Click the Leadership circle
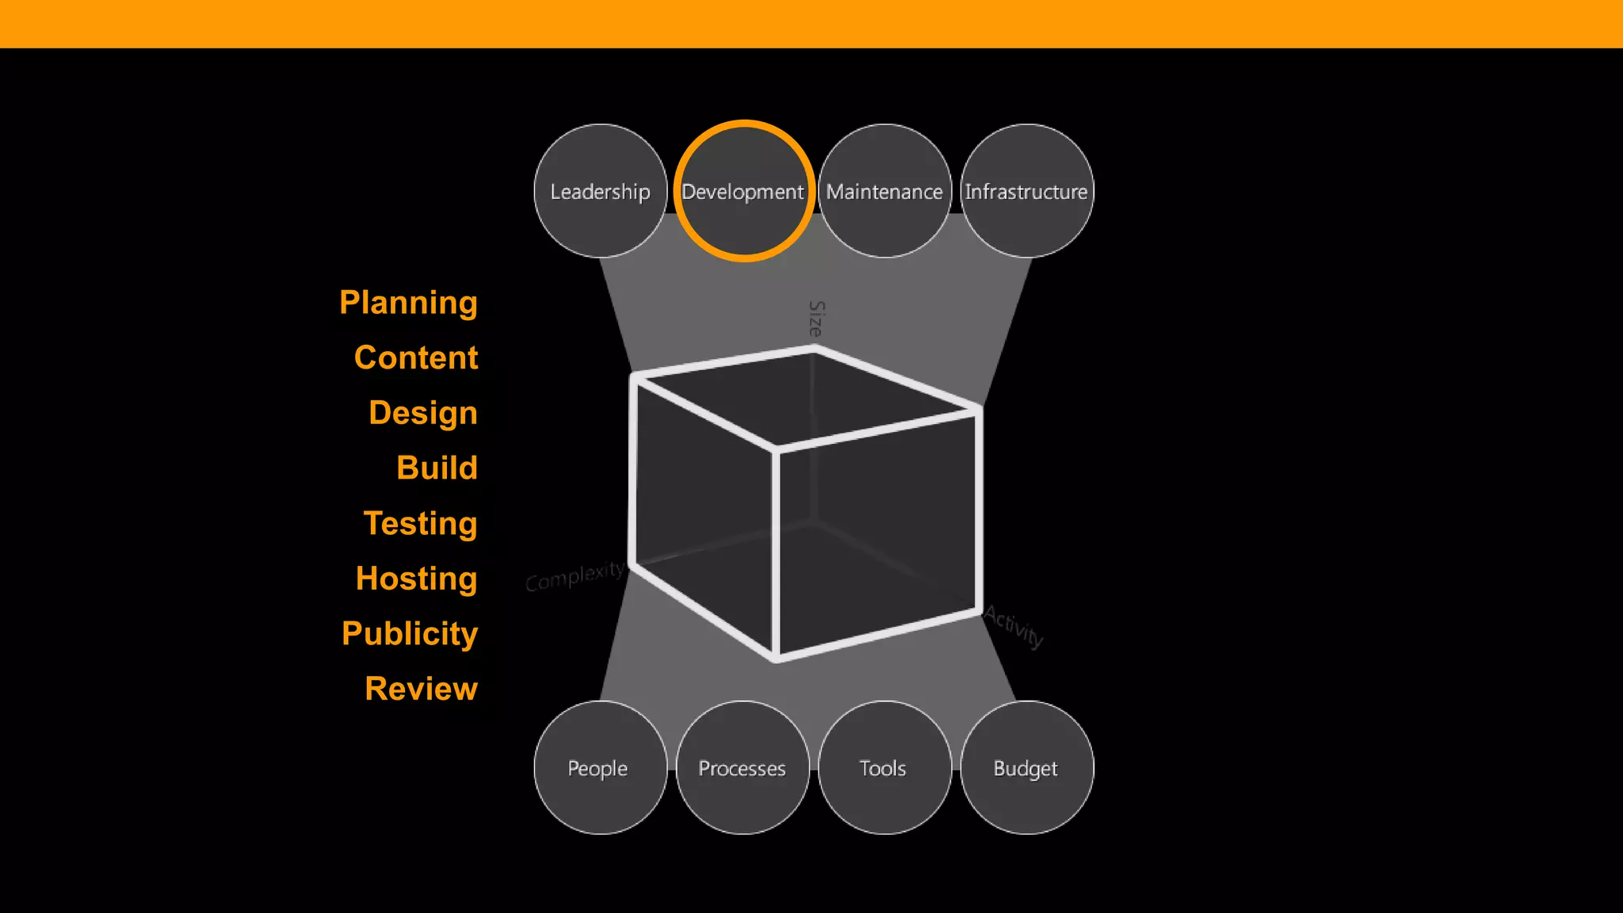pyautogui.click(x=600, y=191)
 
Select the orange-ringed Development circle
pyautogui.click(x=743, y=191)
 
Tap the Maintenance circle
pyautogui.click(x=884, y=191)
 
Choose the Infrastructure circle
pyautogui.click(x=1026, y=191)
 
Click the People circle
pyautogui.click(x=600, y=767)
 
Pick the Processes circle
pyautogui.click(x=743, y=767)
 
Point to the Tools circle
pyautogui.click(x=884, y=767)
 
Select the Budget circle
pyautogui.click(x=1026, y=767)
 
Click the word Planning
pyautogui.click(x=408, y=303)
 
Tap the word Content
pyautogui.click(x=416, y=357)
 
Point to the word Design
pyautogui.click(x=423, y=413)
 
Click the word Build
pyautogui.click(x=437, y=468)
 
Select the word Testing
pyautogui.click(x=420, y=523)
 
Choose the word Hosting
pyautogui.click(x=416, y=579)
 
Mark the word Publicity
pyautogui.click(x=410, y=633)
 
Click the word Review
pyautogui.click(x=421, y=689)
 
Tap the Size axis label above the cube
pyautogui.click(x=816, y=319)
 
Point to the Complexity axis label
pyautogui.click(x=575, y=575)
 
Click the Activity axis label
pyautogui.click(x=1014, y=626)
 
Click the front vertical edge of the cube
pyautogui.click(x=776, y=555)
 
